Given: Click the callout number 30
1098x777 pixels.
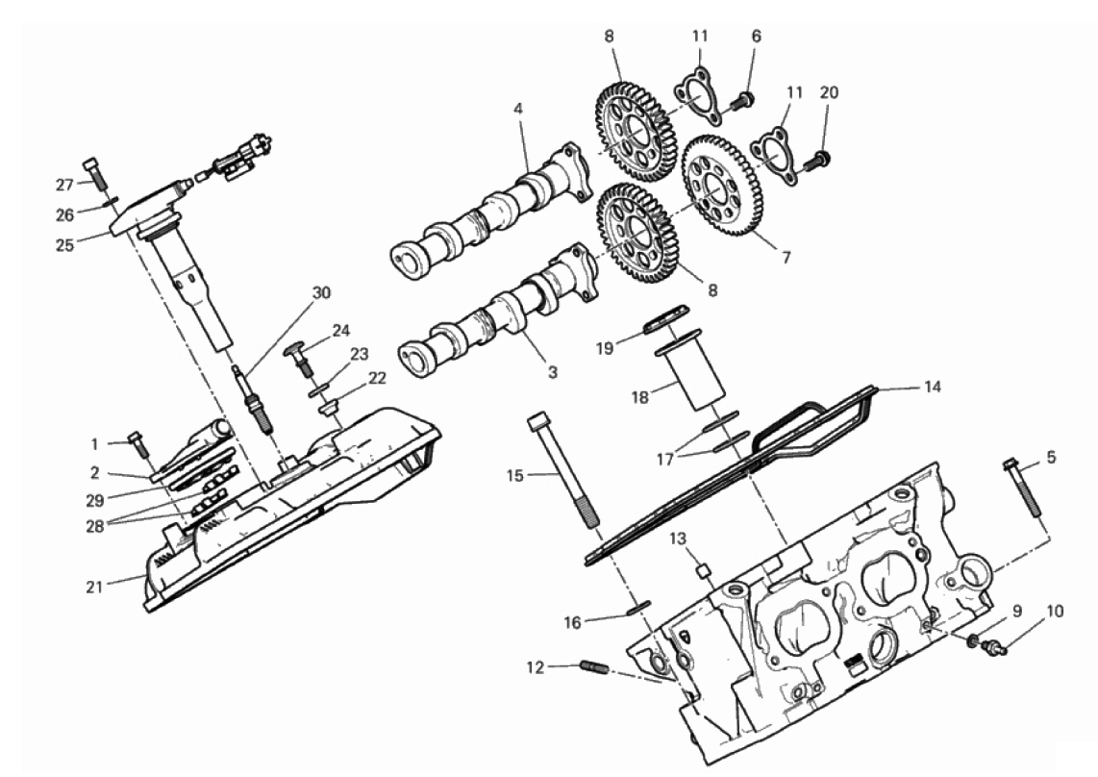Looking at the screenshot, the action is click(321, 292).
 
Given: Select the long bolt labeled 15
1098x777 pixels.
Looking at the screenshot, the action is click(563, 471).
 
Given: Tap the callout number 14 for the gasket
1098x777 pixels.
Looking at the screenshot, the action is click(932, 387).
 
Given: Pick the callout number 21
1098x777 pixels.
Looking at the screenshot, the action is click(94, 588).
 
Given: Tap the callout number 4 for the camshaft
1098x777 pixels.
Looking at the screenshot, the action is click(517, 110).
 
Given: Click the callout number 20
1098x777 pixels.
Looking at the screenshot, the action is click(829, 92).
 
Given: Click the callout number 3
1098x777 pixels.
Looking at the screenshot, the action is click(553, 373).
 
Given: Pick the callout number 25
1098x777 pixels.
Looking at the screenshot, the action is click(65, 245).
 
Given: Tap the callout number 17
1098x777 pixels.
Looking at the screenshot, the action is click(664, 459).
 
